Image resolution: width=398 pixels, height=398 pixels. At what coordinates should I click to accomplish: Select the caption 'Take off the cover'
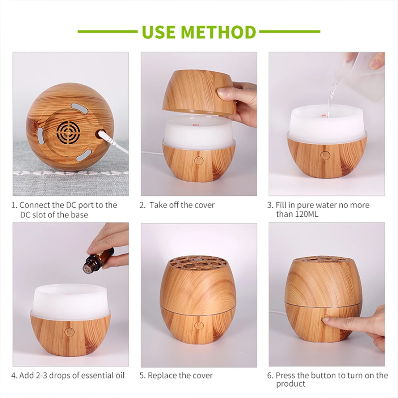[x=182, y=205]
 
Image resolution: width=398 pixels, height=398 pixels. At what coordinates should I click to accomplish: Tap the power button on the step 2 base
[x=198, y=160]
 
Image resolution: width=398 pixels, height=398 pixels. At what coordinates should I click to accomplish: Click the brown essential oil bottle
[x=92, y=262]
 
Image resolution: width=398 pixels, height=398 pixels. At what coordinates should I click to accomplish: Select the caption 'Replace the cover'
[x=180, y=375]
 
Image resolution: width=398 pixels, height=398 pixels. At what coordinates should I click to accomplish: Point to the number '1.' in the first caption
[x=14, y=205]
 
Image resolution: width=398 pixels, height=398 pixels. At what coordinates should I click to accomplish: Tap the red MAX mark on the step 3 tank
[x=323, y=116]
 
